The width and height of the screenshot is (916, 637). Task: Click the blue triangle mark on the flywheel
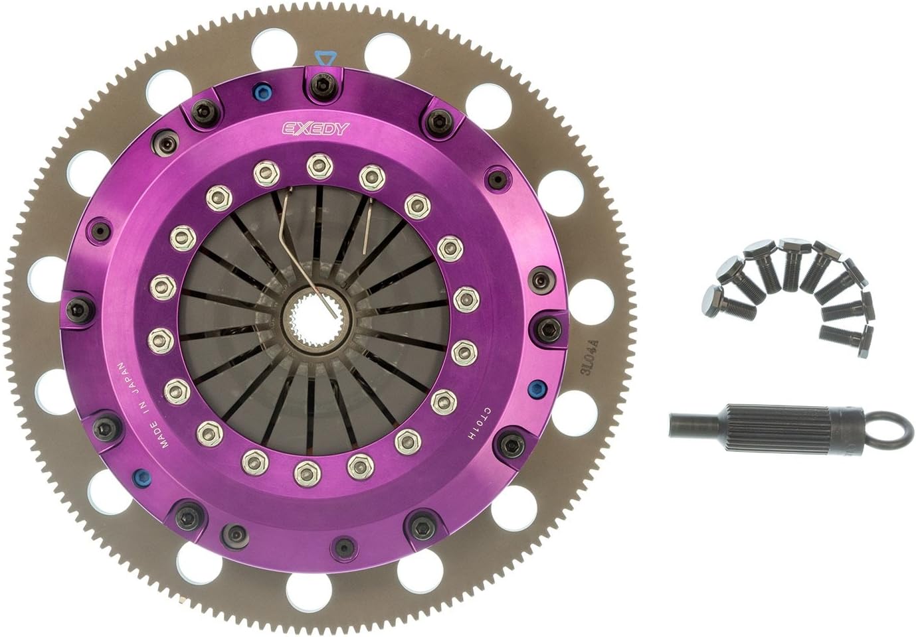323,59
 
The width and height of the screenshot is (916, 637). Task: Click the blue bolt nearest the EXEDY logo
258,92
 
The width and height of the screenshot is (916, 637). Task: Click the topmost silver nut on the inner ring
314,166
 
